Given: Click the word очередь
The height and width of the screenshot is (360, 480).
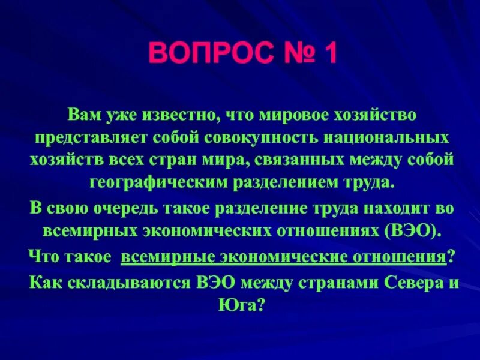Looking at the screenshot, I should (104, 208).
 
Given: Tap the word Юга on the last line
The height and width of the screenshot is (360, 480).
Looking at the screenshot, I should (238, 305).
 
